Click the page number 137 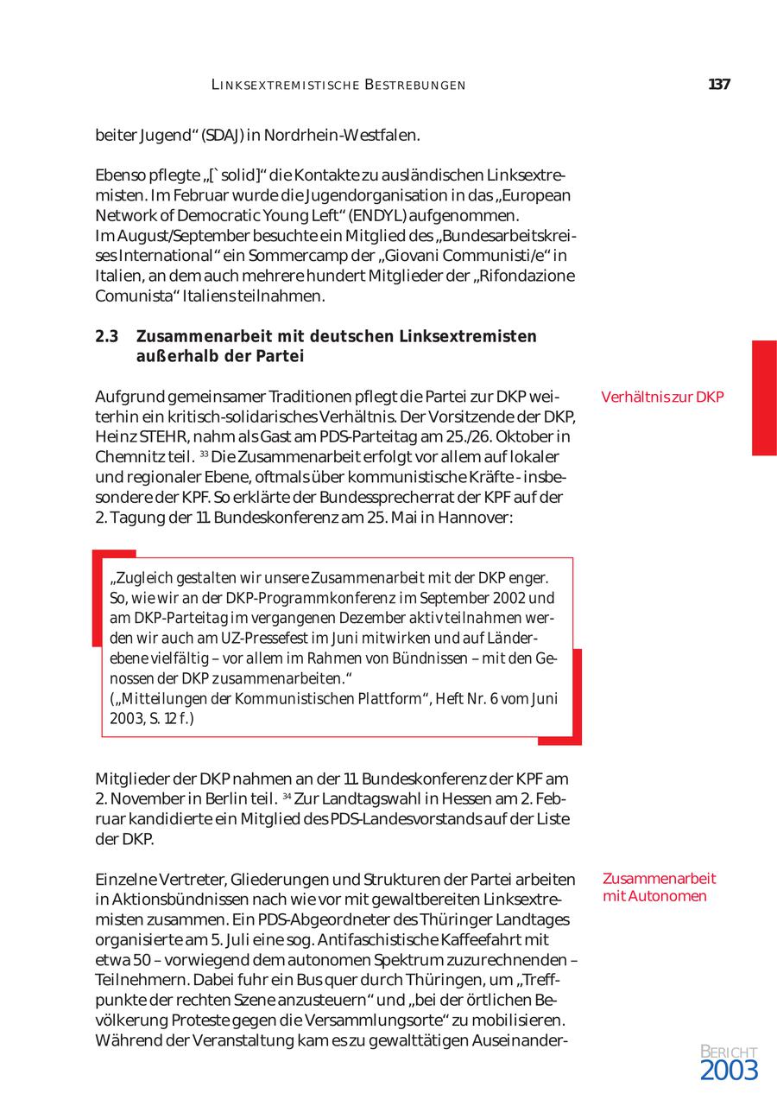[x=719, y=85]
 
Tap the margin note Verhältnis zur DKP [x=662, y=397]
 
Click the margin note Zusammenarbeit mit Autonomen [x=660, y=887]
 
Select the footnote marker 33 [x=204, y=454]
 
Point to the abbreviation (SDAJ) [x=222, y=136]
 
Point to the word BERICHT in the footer [x=729, y=1052]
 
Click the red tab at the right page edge [x=764, y=397]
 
